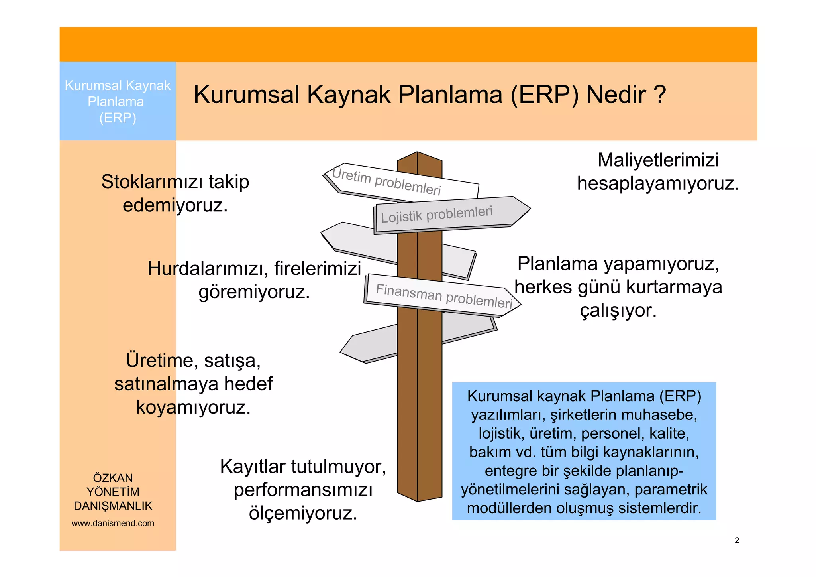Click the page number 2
click(737, 540)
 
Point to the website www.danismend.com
click(113, 523)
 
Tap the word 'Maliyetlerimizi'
click(658, 160)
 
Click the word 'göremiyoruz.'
click(254, 292)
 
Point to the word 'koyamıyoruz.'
click(193, 408)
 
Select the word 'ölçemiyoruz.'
click(303, 513)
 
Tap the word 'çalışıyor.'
click(618, 311)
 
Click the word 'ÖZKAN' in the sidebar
click(113, 478)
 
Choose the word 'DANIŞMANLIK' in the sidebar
click(113, 506)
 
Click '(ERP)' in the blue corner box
click(118, 118)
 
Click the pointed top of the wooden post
click(417, 153)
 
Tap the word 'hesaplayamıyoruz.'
click(658, 184)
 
